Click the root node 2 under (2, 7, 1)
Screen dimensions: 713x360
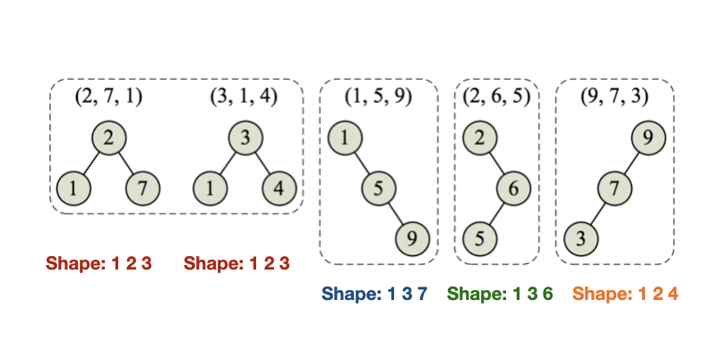(108, 139)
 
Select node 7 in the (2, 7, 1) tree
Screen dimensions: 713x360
(142, 190)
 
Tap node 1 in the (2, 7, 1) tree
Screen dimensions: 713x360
(73, 190)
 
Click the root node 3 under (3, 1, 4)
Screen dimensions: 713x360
(245, 139)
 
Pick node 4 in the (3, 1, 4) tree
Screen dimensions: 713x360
(279, 190)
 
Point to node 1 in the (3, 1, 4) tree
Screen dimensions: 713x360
(210, 190)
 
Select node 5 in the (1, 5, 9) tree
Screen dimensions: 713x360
(378, 189)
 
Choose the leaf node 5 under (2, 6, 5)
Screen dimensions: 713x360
(480, 239)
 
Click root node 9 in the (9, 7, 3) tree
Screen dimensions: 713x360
(649, 139)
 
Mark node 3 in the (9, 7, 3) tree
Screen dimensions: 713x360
(580, 239)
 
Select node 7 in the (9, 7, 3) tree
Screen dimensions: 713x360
(614, 189)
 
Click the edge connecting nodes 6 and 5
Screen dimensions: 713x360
(497, 214)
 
